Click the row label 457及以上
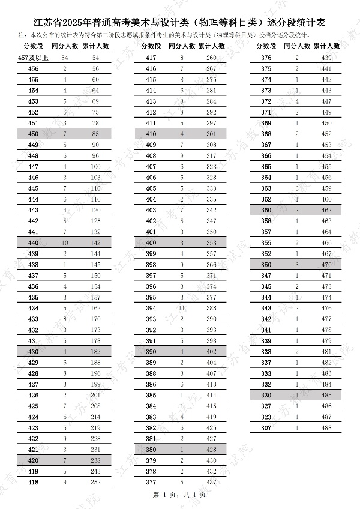pos(34,58)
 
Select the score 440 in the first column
pos(34,243)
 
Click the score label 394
pos(151,308)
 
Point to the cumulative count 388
pos(211,308)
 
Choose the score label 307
pos(266,427)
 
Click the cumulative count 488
pos(326,427)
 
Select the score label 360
pos(266,210)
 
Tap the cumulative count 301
pos(211,134)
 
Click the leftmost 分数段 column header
pos(34,46)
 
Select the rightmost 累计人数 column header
pos(326,46)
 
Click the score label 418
pos(34,482)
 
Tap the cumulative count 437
pos(211,482)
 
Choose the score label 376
pos(266,58)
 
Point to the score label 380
pos(151,450)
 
